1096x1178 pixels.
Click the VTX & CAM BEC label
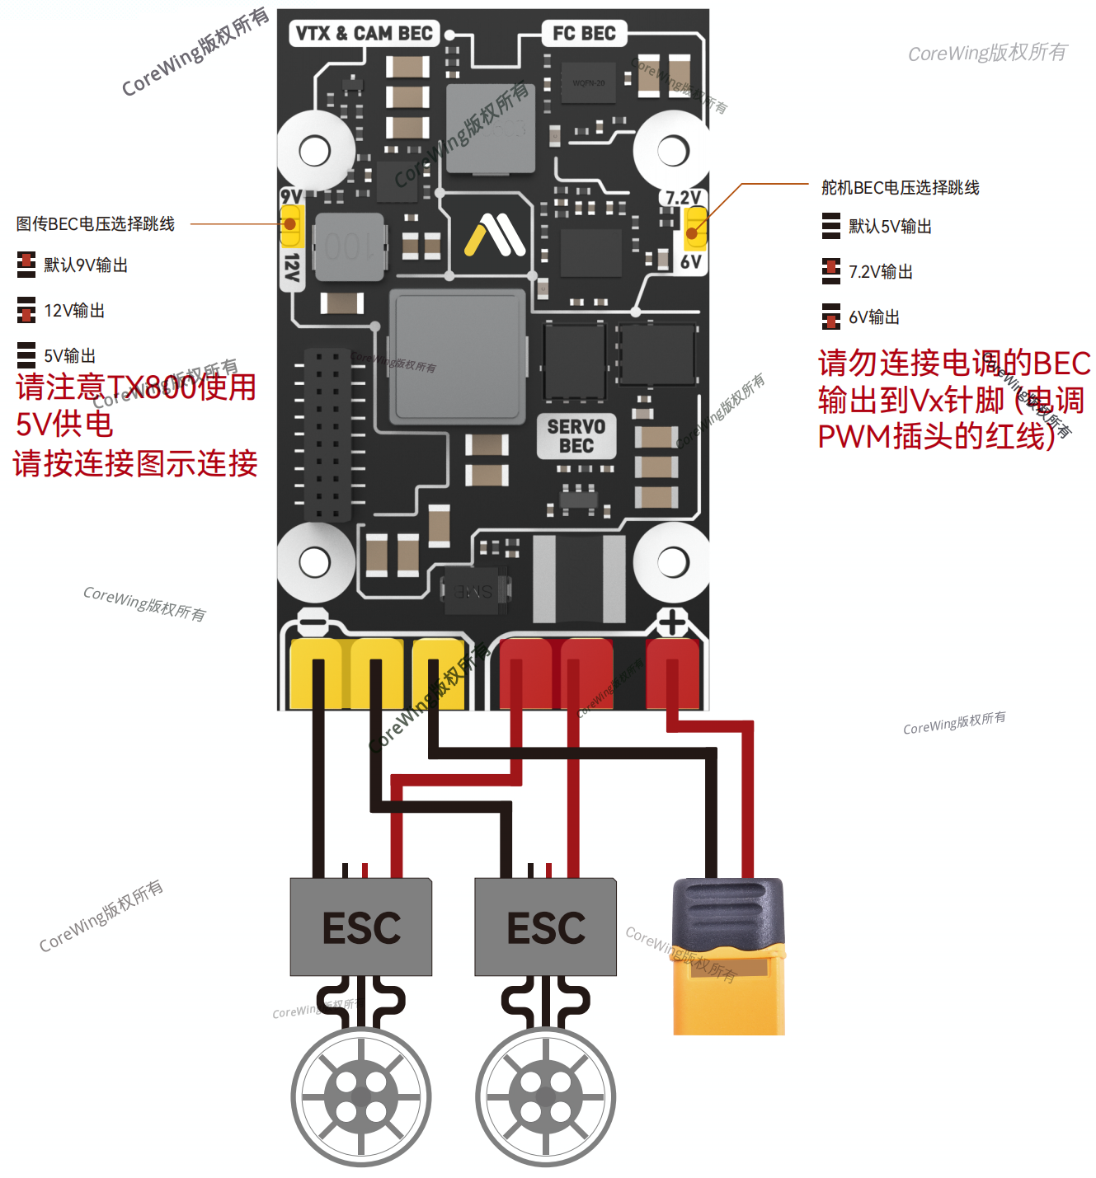tap(364, 34)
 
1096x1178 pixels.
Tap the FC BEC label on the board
tap(584, 34)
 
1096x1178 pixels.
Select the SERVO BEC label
tap(576, 436)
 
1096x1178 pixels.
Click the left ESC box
tap(361, 927)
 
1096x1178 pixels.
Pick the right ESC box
tap(546, 927)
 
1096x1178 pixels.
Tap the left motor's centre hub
tap(361, 1097)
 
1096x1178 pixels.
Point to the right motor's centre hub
tap(546, 1097)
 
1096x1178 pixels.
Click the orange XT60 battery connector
tap(729, 956)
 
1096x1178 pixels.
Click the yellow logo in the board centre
tap(494, 235)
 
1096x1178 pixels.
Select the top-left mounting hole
tap(315, 151)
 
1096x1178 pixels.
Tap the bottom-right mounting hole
tap(673, 562)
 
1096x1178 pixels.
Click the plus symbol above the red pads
tap(672, 622)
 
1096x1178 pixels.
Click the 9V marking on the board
tap(291, 196)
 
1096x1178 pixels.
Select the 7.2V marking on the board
tap(683, 198)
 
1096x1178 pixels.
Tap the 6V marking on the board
tap(690, 262)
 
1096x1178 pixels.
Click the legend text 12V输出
tap(74, 311)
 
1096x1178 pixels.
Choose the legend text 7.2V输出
tap(881, 272)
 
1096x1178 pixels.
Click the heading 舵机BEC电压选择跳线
tap(900, 188)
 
